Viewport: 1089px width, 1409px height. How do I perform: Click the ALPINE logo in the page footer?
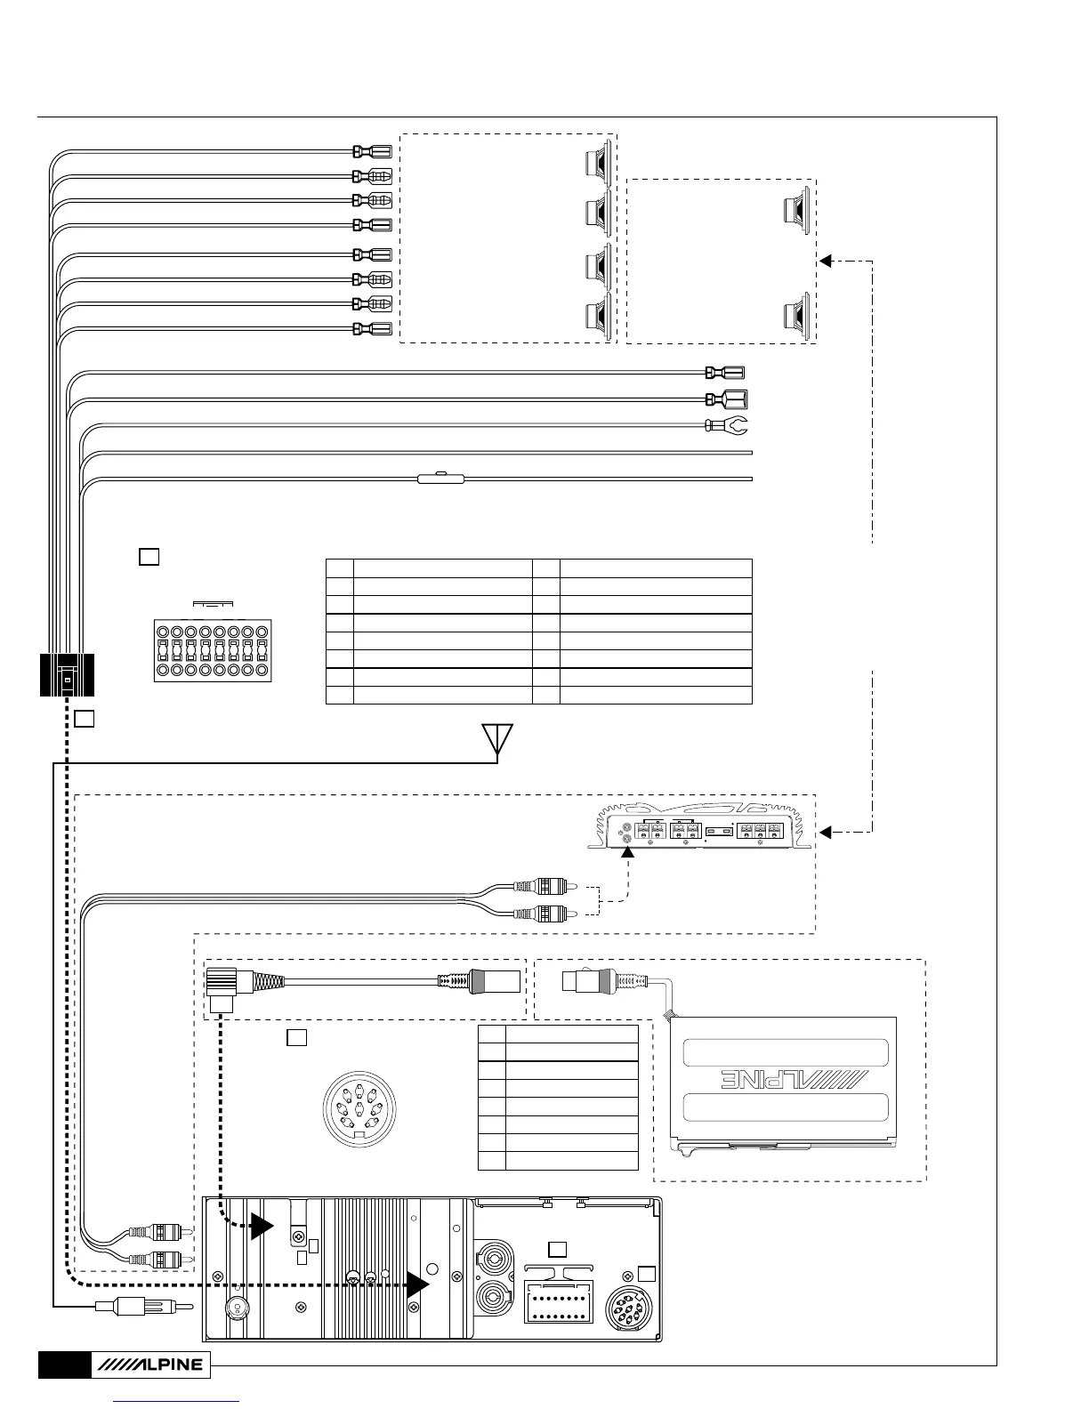(150, 1365)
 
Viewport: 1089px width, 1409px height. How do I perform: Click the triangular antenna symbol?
(497, 740)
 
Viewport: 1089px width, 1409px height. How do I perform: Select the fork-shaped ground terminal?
(726, 427)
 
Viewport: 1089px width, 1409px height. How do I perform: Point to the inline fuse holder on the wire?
(440, 479)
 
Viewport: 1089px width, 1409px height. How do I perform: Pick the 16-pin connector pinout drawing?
(213, 650)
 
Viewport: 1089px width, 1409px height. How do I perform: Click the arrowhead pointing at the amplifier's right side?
(825, 832)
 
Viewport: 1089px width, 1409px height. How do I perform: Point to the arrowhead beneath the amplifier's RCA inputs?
(628, 852)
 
